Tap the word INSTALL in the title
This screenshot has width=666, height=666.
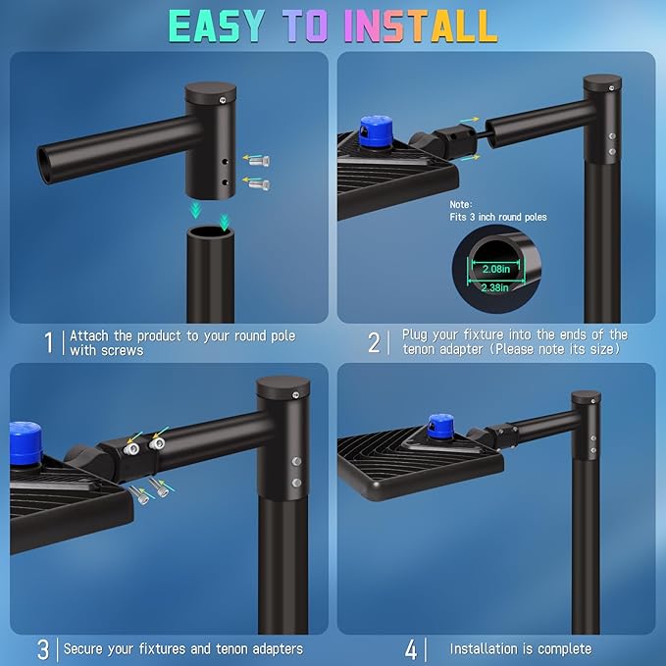(x=424, y=26)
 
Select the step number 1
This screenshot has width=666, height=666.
(x=48, y=342)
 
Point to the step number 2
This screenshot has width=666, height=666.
(x=374, y=342)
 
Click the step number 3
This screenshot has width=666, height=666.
(x=42, y=648)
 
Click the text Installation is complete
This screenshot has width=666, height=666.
(x=520, y=648)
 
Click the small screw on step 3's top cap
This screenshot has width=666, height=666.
(x=294, y=394)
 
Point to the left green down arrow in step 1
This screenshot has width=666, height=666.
(x=197, y=208)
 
